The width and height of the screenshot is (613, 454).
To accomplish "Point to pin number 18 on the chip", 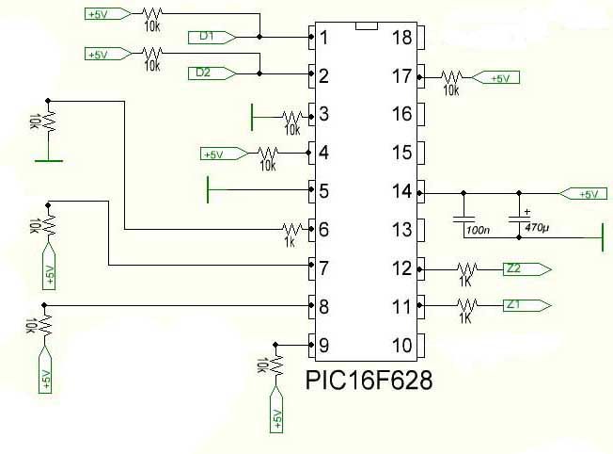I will click(402, 39).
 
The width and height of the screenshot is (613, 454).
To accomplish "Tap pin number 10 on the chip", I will click(402, 346).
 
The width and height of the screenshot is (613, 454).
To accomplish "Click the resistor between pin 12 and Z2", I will click(465, 269).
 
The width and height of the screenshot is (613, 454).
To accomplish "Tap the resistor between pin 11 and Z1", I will click(465, 305).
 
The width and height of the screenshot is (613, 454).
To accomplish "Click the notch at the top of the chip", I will click(368, 24).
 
